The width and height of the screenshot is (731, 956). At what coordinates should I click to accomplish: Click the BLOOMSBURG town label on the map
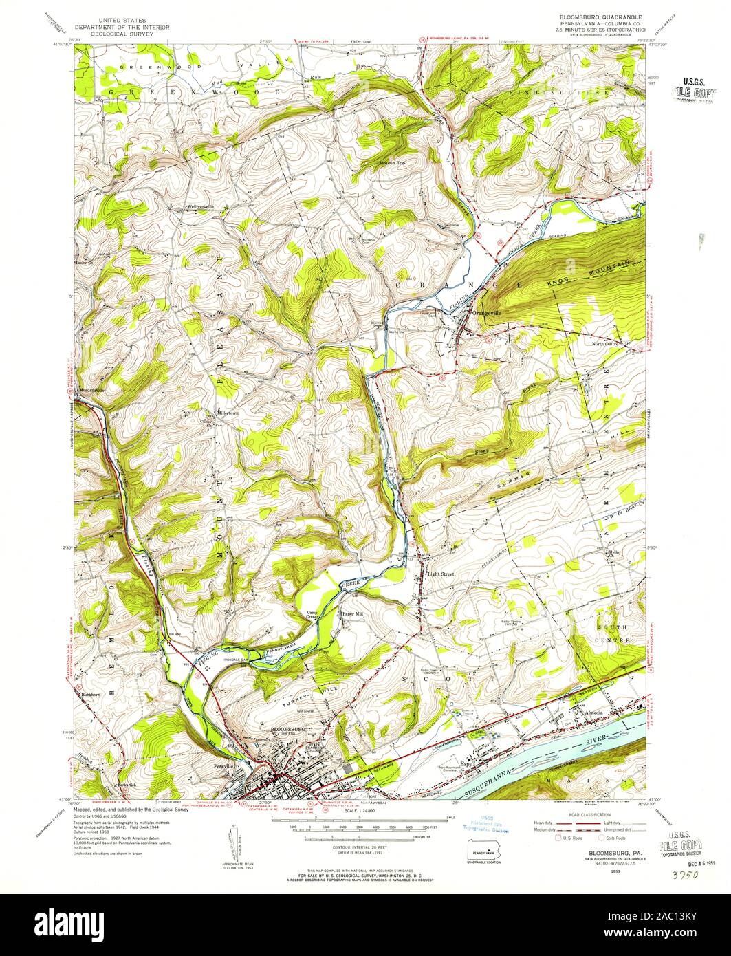(287, 728)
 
